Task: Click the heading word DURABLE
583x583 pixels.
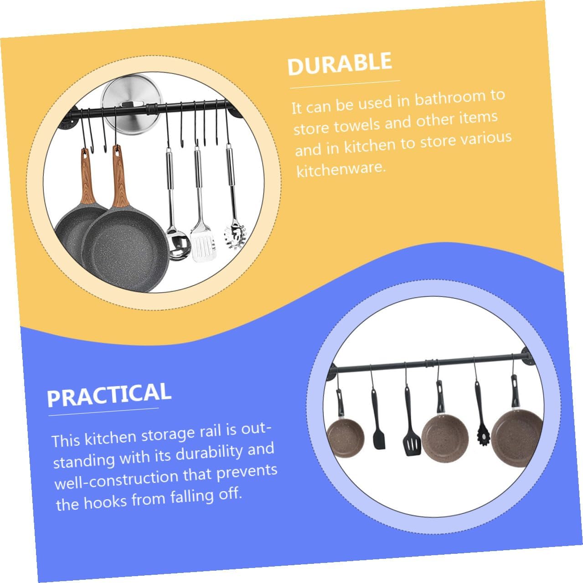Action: coord(340,64)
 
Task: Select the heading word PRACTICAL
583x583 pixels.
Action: coord(109,395)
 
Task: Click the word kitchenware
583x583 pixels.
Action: coord(341,170)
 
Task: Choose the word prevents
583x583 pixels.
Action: coord(247,472)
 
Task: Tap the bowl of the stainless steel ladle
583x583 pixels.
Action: coord(175,248)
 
